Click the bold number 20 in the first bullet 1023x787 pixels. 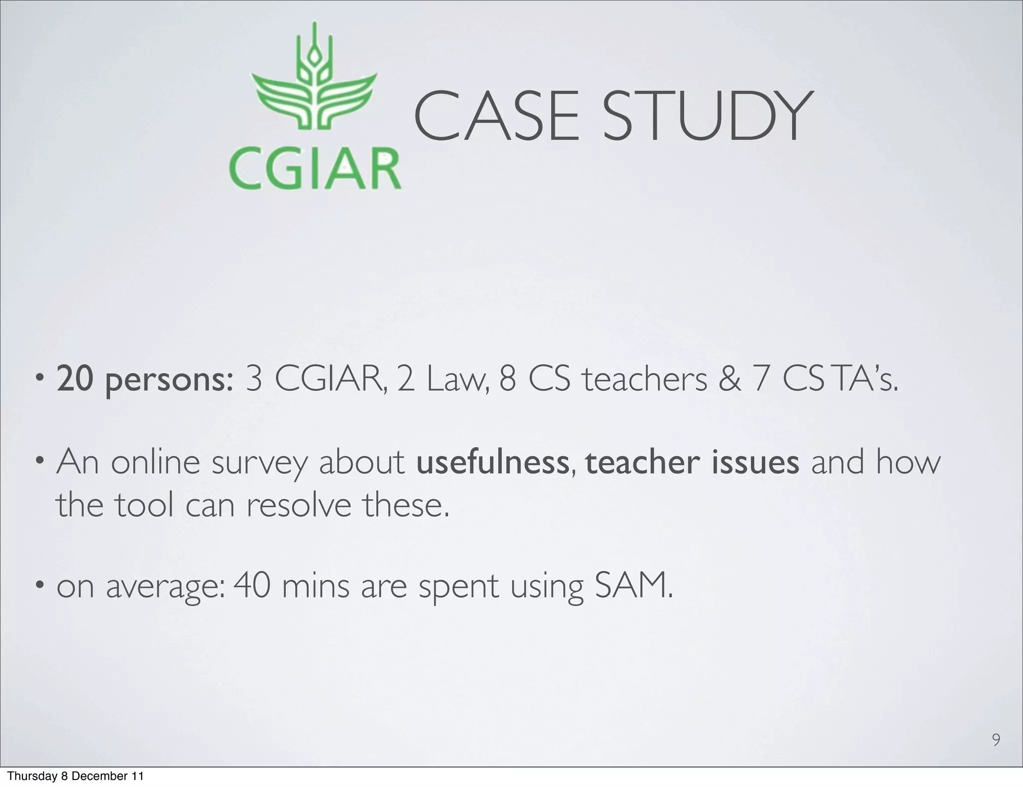click(x=74, y=379)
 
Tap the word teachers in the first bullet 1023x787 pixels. click(x=645, y=379)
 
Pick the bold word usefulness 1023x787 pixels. click(x=492, y=462)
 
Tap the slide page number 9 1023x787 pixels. click(x=996, y=740)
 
